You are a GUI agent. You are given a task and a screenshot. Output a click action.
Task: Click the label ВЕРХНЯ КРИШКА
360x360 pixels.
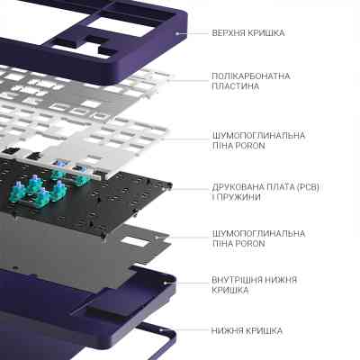pos(247,32)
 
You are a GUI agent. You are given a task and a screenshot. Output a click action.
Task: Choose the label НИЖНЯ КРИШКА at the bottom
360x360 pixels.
pos(247,331)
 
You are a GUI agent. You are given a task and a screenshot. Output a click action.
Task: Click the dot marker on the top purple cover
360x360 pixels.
pos(177,32)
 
